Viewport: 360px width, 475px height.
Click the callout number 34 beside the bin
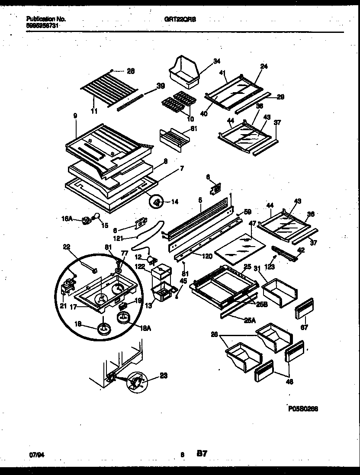tap(204, 61)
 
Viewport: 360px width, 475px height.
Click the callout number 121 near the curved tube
tap(130, 238)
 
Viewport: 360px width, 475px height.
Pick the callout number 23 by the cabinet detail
tap(164, 376)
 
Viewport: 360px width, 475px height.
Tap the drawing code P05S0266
tap(302, 408)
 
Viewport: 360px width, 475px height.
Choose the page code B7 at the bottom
tap(202, 453)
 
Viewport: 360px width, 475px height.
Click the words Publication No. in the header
tap(46, 19)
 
